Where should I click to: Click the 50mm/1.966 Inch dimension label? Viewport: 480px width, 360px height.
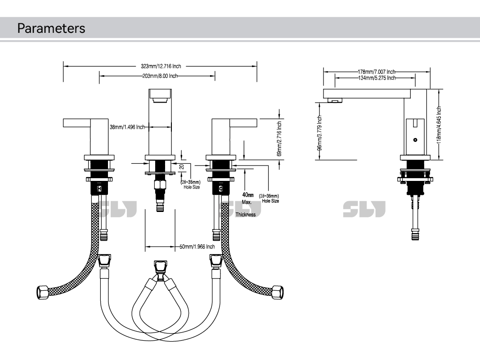pos(197,247)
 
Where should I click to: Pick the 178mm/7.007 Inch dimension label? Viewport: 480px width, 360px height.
pos(376,71)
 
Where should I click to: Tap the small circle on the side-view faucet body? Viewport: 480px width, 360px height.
pos(415,139)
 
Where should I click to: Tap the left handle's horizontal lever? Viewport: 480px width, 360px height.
pos(79,122)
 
